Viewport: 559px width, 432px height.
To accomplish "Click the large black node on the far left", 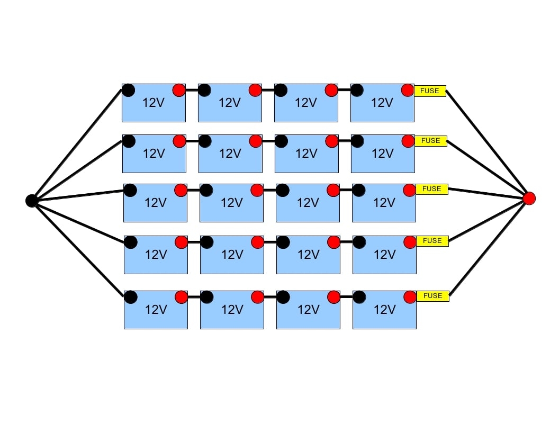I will coord(32,201).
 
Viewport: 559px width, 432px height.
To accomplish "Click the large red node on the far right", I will coord(529,199).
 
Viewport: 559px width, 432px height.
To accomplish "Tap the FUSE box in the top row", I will coord(430,91).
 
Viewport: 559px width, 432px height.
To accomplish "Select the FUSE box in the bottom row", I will coord(433,296).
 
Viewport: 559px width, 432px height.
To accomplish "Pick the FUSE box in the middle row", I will coord(432,189).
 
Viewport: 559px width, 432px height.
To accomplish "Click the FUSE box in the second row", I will coord(431,141).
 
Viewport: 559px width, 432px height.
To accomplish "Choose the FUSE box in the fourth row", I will coord(432,241).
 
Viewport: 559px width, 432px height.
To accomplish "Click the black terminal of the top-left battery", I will coord(128,90).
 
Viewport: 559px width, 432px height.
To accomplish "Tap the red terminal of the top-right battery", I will coord(408,90).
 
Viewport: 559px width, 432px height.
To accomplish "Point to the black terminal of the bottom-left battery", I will coord(130,297).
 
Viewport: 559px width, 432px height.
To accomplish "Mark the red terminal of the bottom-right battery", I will coord(410,297).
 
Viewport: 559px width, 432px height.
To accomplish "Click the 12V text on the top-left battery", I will coord(154,103).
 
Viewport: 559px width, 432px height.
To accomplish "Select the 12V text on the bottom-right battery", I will coord(384,310).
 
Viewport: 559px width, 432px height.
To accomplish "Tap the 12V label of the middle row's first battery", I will coord(155,203).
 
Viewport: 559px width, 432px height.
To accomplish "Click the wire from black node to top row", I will coord(77,146).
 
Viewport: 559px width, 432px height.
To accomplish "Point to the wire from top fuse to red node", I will coord(487,145).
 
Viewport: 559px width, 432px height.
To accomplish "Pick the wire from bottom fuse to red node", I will coord(489,247).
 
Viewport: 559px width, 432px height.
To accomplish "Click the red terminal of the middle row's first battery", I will coord(181,190).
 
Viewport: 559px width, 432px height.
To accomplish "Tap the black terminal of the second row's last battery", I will coord(357,141).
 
